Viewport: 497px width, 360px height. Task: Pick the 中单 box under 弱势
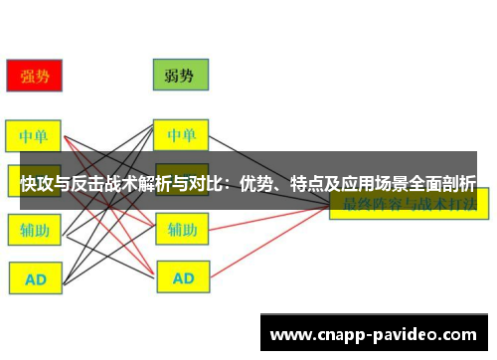click(x=181, y=134)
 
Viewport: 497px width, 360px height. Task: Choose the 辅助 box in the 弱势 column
click(x=181, y=230)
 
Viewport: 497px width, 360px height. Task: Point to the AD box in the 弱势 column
click(x=181, y=278)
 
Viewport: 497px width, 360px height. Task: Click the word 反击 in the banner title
click(x=91, y=183)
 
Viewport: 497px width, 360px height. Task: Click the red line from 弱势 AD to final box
click(x=268, y=244)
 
